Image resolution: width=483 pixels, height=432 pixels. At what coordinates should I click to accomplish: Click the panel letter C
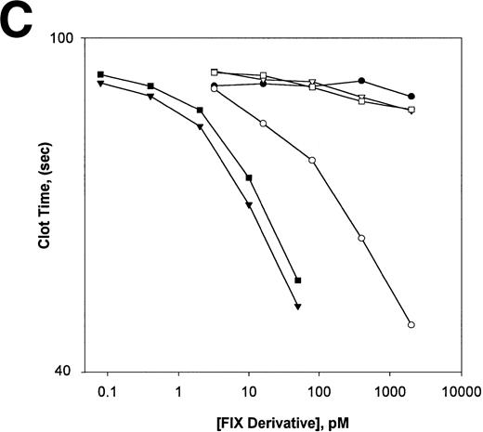coord(20,20)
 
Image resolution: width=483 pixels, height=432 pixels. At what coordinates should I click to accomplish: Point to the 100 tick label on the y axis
coord(63,38)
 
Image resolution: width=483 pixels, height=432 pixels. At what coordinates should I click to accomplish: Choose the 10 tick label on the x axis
coord(248,391)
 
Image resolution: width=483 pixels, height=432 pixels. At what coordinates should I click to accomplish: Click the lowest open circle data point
coord(411,325)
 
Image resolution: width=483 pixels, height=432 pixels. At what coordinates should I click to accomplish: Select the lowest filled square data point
coord(298,281)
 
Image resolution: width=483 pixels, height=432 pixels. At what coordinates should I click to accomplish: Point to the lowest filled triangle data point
coord(297,307)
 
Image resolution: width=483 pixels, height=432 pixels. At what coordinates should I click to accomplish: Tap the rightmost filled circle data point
coord(411,96)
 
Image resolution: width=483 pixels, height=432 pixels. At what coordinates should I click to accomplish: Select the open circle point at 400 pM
coord(361,239)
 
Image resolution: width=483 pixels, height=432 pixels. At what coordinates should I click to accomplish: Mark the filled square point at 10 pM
coord(249,177)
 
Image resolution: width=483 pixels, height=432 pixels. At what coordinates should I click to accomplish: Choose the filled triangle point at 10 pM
coord(249,205)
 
